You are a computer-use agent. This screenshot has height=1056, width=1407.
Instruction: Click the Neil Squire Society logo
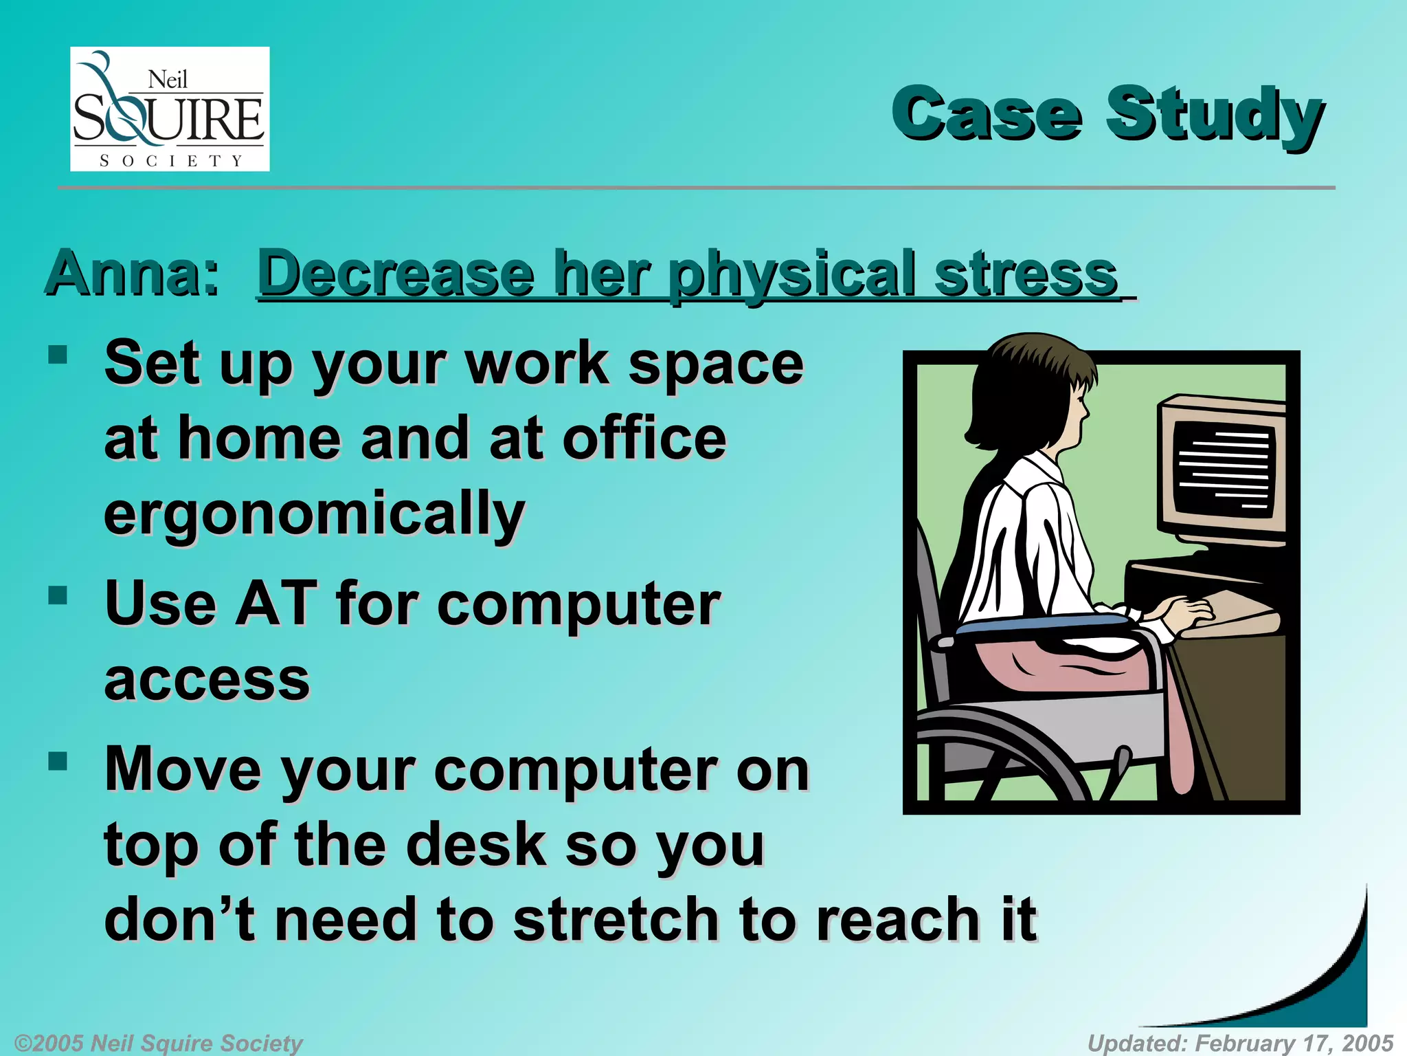click(x=170, y=109)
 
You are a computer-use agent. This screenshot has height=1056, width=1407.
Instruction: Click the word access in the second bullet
click(x=207, y=679)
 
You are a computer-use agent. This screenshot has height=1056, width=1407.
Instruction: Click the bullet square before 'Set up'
click(x=58, y=355)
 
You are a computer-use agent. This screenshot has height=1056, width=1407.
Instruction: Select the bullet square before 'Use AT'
click(x=58, y=595)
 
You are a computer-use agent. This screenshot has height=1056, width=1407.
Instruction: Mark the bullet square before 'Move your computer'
click(x=58, y=760)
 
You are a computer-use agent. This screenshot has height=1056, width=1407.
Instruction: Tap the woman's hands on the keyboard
click(x=1183, y=611)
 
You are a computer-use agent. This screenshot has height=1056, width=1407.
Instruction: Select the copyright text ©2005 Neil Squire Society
click(x=158, y=1043)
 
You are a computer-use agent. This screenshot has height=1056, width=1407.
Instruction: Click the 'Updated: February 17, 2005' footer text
click(x=1240, y=1043)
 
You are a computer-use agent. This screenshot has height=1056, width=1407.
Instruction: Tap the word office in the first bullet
click(x=644, y=439)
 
